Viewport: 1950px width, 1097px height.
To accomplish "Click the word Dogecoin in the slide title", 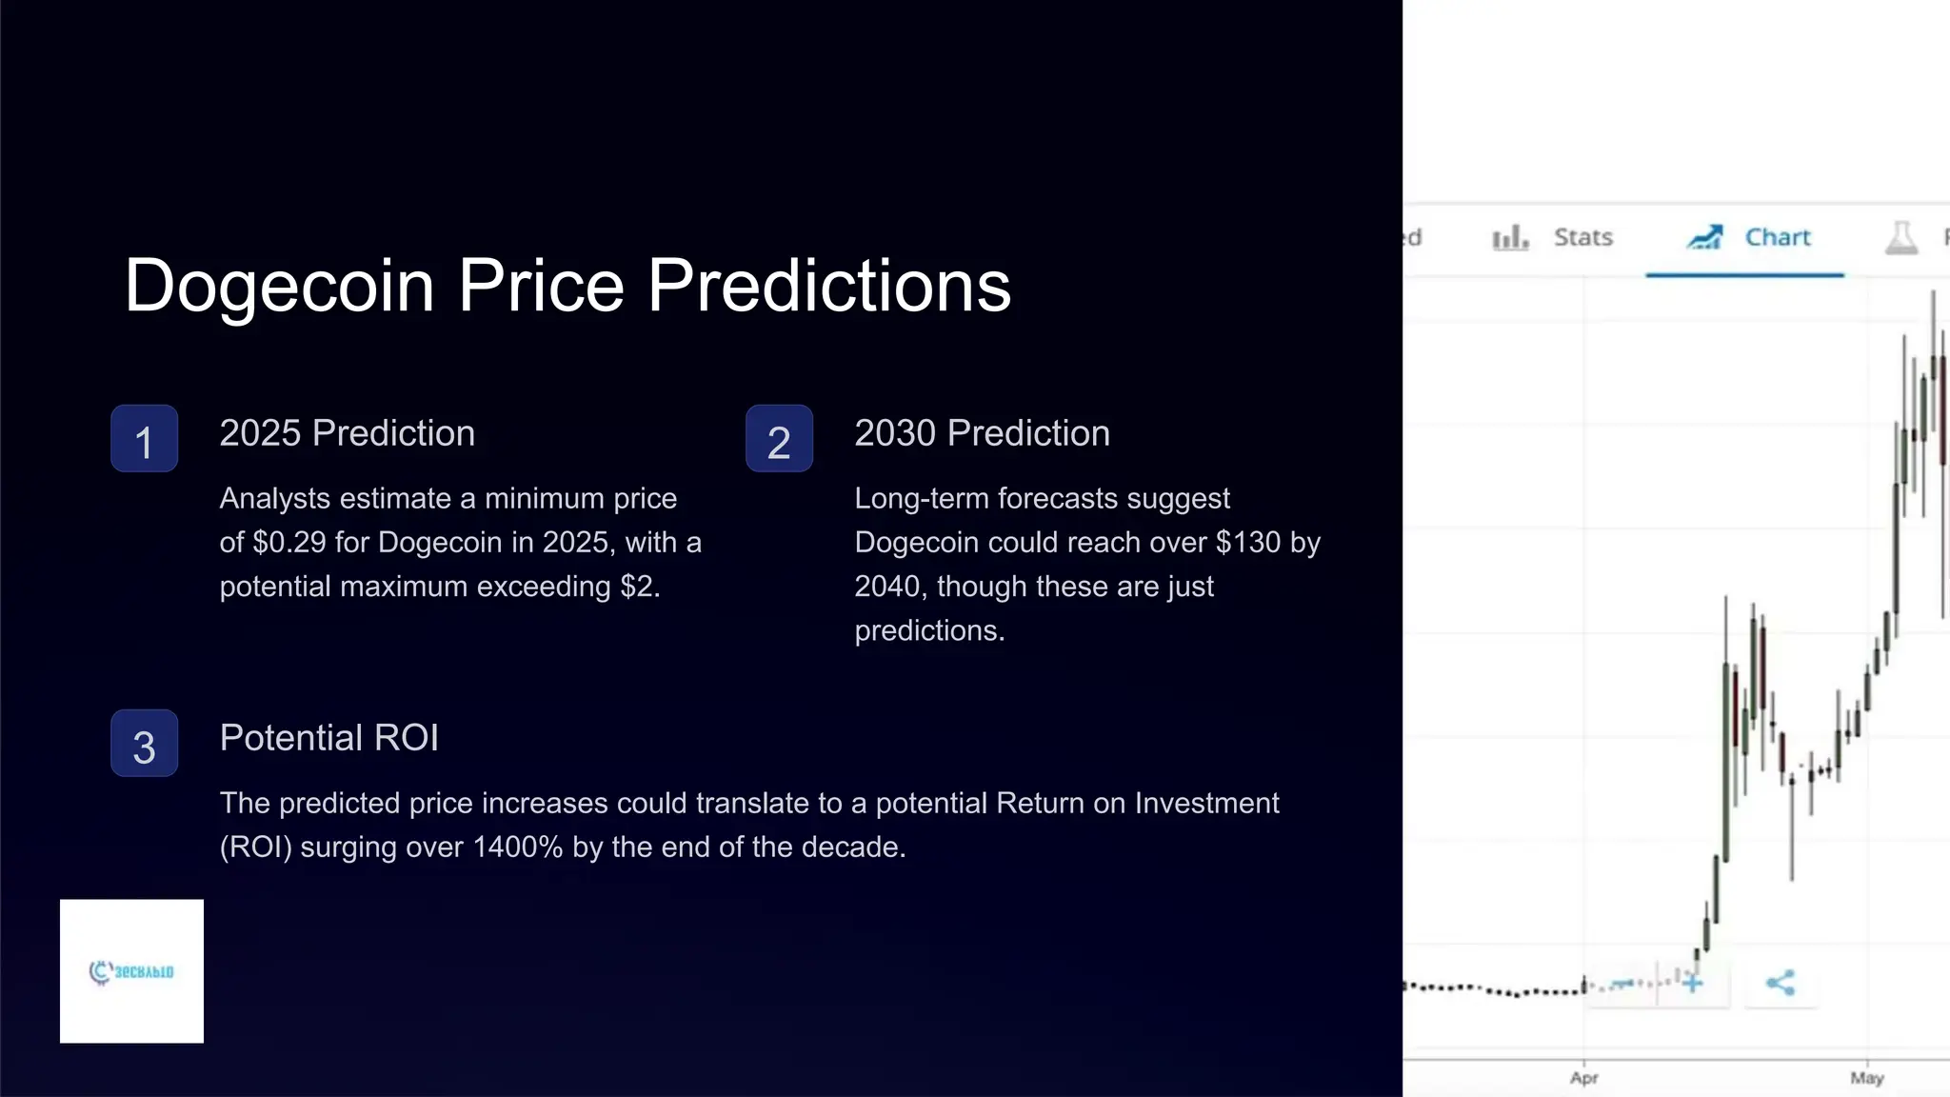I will pyautogui.click(x=280, y=286).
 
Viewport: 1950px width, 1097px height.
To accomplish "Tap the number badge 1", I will pyautogui.click(x=144, y=439).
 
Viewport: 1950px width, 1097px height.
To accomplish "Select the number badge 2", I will pyautogui.click(x=779, y=439).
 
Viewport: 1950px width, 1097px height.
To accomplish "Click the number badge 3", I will pyautogui.click(x=144, y=744).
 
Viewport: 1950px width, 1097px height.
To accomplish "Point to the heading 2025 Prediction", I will pyautogui.click(x=347, y=433).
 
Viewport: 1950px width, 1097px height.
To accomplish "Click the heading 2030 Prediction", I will pyautogui.click(x=982, y=433).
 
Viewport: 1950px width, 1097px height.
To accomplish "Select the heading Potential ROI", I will pyautogui.click(x=328, y=738).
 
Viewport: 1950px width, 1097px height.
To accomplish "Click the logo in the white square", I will pyautogui.click(x=131, y=971).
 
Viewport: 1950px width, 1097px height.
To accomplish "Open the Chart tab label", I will pyautogui.click(x=1777, y=237).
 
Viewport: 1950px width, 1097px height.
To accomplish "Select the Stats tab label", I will pyautogui.click(x=1582, y=237).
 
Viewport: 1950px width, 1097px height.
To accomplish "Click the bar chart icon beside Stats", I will pyautogui.click(x=1510, y=238).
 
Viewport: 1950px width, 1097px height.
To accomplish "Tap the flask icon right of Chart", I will pyautogui.click(x=1901, y=238).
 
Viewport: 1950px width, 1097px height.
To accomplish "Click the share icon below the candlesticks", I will pyautogui.click(x=1781, y=983).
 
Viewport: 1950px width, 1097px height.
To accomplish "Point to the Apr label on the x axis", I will pyautogui.click(x=1583, y=1078).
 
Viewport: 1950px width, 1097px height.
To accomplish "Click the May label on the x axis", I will pyautogui.click(x=1867, y=1078).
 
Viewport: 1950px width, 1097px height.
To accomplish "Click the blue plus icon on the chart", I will pyautogui.click(x=1692, y=983).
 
